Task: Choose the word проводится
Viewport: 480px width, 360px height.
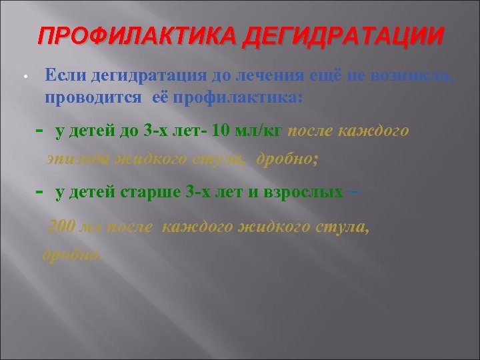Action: pos(93,97)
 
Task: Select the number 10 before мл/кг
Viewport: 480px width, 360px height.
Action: pos(220,130)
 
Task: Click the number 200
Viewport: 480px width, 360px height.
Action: pos(63,227)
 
